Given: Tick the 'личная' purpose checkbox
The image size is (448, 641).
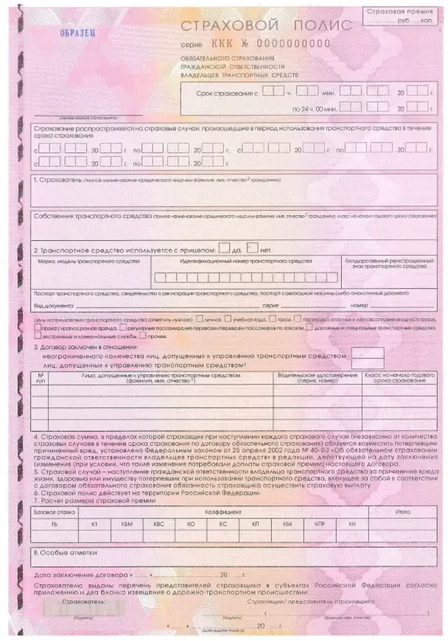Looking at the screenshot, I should (x=200, y=320).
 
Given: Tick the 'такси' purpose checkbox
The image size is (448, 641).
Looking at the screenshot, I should (x=273, y=320).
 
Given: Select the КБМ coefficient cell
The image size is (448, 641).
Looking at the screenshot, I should (x=127, y=522).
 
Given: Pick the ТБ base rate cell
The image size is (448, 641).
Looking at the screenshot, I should (x=54, y=522).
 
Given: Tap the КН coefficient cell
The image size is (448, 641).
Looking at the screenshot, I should (x=352, y=522).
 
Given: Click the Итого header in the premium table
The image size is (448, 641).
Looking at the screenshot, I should (x=402, y=510).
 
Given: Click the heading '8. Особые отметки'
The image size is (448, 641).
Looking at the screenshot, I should (x=66, y=551).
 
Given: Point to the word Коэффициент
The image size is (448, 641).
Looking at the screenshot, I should (x=220, y=510).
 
